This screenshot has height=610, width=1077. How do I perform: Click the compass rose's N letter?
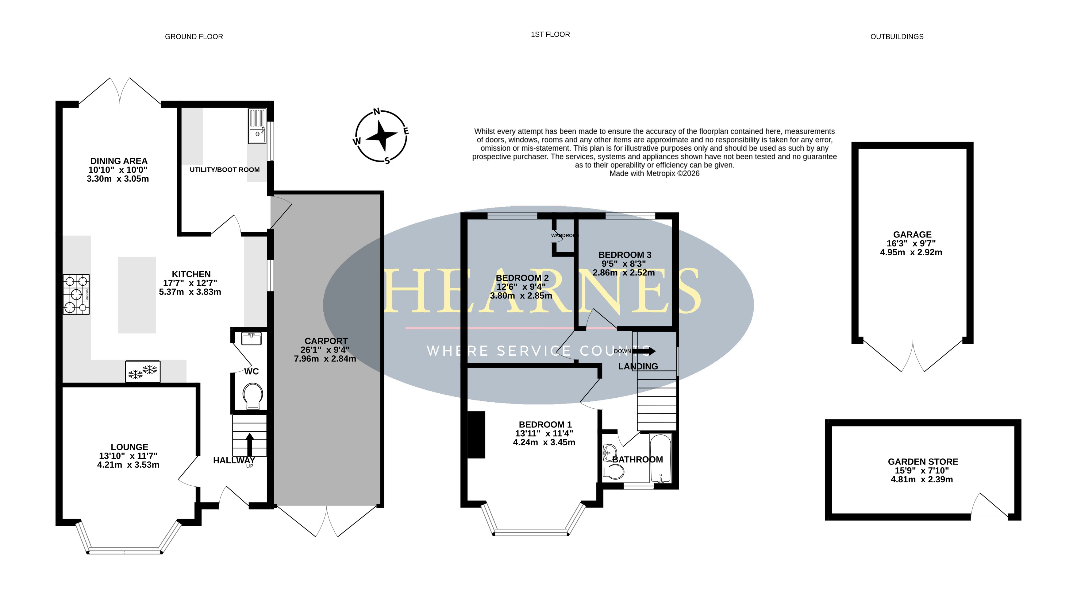(376, 111)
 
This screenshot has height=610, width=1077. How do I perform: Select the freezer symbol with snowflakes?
(143, 371)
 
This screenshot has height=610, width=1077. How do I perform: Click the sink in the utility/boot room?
(257, 126)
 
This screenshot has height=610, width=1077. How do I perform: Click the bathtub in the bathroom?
(660, 458)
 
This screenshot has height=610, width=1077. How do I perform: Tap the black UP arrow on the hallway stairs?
(250, 444)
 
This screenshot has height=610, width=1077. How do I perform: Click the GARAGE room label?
(912, 235)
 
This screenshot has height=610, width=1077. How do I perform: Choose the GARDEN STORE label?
(923, 462)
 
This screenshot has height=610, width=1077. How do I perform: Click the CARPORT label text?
(326, 341)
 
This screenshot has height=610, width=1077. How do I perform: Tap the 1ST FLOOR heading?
(550, 34)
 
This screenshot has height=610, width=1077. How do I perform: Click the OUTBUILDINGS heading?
(897, 37)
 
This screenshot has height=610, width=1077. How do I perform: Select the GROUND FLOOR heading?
(194, 37)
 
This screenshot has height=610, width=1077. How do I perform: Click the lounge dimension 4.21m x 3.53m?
(128, 465)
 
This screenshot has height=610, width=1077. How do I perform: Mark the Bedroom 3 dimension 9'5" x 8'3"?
(624, 264)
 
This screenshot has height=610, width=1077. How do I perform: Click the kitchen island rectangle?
(137, 295)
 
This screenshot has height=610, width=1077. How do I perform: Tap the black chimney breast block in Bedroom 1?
(476, 434)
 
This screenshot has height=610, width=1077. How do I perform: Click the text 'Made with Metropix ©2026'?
(654, 173)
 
